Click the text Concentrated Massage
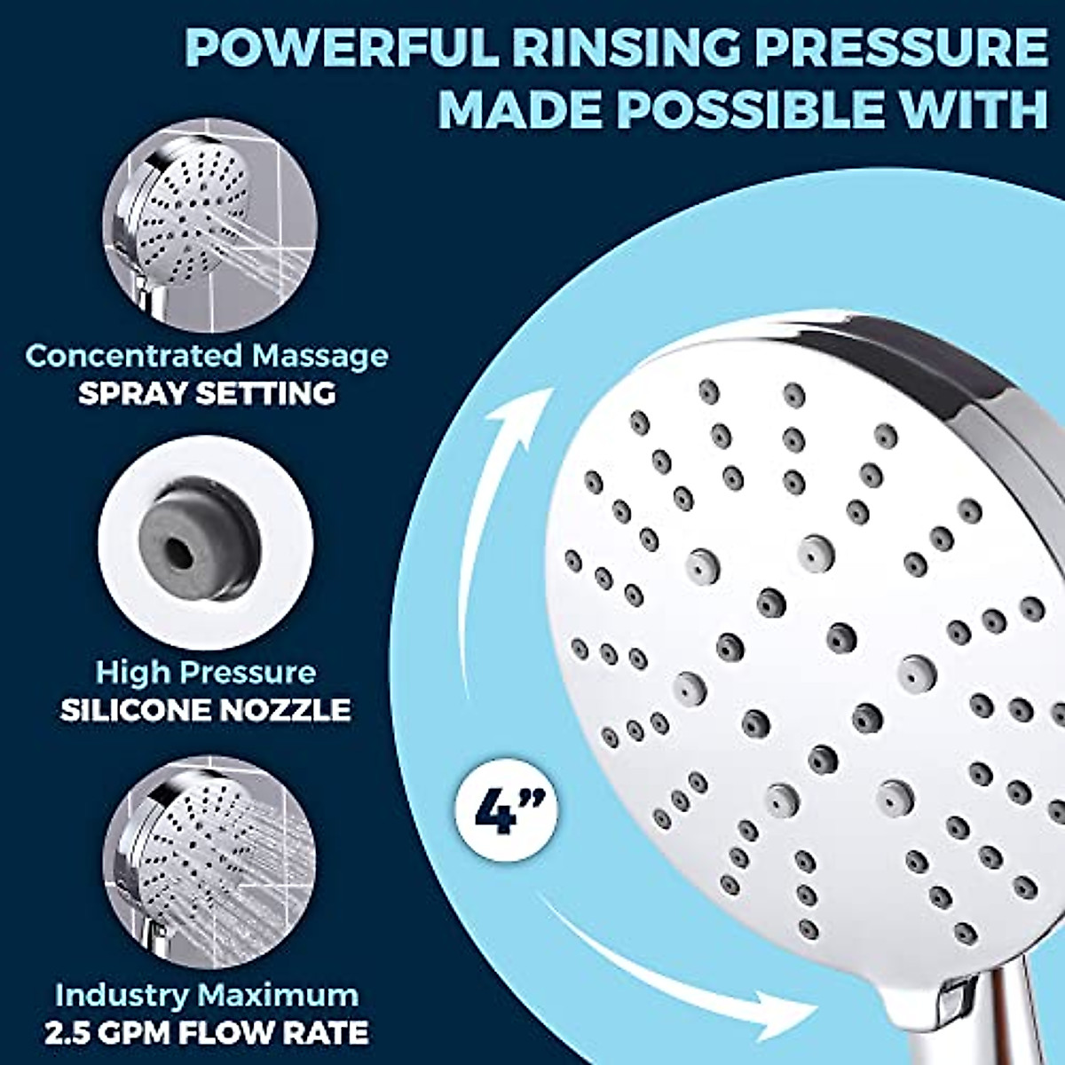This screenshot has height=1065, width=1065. [x=206, y=356]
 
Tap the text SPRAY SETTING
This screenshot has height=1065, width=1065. [x=206, y=393]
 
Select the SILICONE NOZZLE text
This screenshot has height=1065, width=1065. [x=206, y=710]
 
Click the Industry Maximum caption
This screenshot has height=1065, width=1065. [x=206, y=995]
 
